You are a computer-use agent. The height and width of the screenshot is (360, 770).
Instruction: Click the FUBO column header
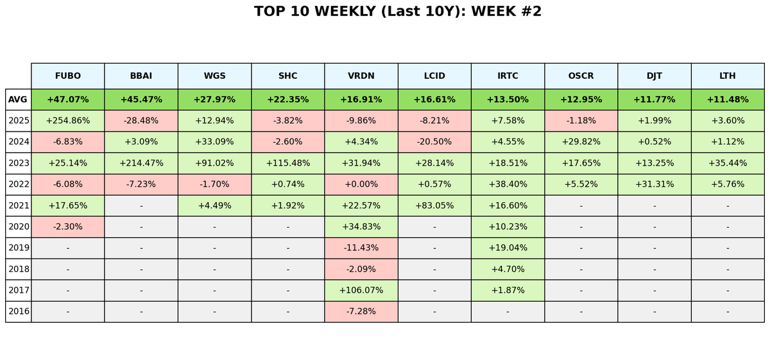coord(68,76)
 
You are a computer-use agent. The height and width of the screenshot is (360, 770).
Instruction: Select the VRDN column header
coord(361,76)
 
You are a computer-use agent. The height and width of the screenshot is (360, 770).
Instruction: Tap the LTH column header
coord(728,76)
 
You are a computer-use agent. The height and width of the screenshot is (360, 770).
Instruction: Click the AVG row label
coord(18,99)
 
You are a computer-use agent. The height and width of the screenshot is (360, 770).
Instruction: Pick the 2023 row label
coord(18,163)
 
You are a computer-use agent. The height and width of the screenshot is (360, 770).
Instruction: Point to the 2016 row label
coord(18,311)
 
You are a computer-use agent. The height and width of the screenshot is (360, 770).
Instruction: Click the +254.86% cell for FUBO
coord(68,121)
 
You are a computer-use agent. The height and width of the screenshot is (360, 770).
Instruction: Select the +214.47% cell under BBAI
coord(141,163)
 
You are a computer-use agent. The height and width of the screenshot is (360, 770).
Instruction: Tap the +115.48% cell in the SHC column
coord(288,163)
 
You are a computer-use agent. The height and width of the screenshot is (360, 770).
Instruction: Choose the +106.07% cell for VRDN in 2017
coord(361,290)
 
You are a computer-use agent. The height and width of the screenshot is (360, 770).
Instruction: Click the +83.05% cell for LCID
coord(434,205)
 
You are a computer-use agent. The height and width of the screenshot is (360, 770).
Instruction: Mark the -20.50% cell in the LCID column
coord(434,142)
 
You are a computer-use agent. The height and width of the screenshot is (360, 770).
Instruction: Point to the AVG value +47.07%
coord(68,99)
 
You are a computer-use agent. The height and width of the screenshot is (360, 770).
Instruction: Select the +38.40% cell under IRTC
coord(508,184)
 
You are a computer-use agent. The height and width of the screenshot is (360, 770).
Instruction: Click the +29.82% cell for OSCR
coord(581,142)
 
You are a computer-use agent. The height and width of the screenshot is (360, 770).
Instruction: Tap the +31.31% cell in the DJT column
coord(654,184)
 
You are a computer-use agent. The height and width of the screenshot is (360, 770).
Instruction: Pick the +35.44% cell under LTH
coord(728,163)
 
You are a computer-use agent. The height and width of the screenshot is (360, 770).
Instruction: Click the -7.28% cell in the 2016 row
coord(361,311)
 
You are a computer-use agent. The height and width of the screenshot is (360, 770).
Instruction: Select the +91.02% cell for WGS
coord(214,163)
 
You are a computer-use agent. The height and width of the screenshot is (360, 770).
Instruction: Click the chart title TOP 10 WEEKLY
coord(397,12)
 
